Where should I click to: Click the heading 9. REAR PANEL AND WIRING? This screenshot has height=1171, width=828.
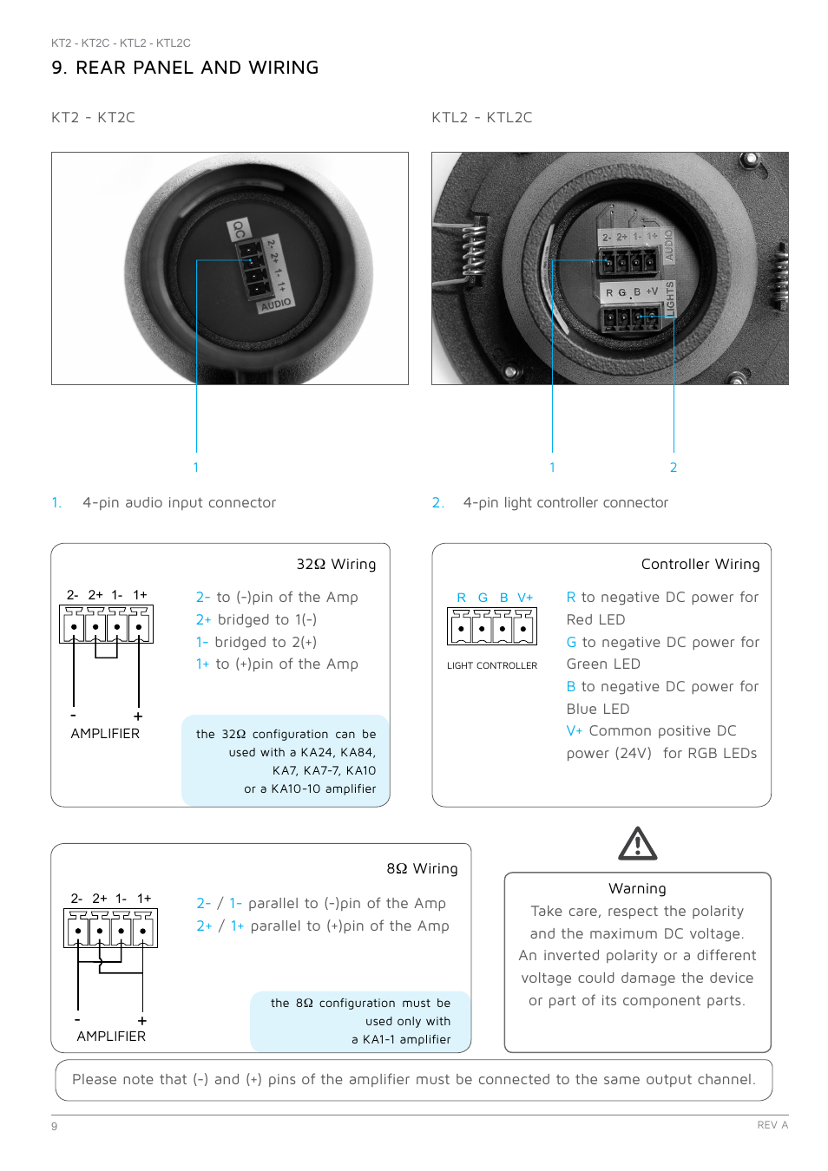pyautogui.click(x=185, y=68)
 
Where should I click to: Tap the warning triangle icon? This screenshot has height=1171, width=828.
pyautogui.click(x=638, y=843)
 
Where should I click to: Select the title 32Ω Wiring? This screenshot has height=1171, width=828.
pyautogui.click(x=336, y=564)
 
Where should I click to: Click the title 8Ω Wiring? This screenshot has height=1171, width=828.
pyautogui.click(x=422, y=868)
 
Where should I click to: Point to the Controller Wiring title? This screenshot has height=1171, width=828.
pyautogui.click(x=700, y=564)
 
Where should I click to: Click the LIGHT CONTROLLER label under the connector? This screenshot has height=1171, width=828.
pyautogui.click(x=492, y=665)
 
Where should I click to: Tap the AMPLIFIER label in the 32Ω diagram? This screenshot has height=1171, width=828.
pyautogui.click(x=105, y=733)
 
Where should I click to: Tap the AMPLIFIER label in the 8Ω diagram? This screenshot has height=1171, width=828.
pyautogui.click(x=111, y=1036)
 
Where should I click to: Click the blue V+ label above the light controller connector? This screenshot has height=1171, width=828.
pyautogui.click(x=525, y=598)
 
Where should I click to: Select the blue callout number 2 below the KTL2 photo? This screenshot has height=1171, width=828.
pyautogui.click(x=674, y=468)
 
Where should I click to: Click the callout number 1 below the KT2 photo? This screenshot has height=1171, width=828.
pyautogui.click(x=196, y=468)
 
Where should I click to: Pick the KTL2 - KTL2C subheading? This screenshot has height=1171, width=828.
pyautogui.click(x=482, y=117)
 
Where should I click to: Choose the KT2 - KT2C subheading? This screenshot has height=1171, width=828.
pyautogui.click(x=93, y=117)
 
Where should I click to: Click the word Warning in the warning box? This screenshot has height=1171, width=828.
pyautogui.click(x=637, y=888)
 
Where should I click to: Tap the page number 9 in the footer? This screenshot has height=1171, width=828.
pyautogui.click(x=55, y=1126)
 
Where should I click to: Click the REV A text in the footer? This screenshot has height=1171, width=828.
pyautogui.click(x=772, y=1125)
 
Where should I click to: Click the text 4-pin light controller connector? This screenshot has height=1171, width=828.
pyautogui.click(x=565, y=502)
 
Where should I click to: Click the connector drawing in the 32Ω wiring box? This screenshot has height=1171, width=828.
pyautogui.click(x=106, y=625)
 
